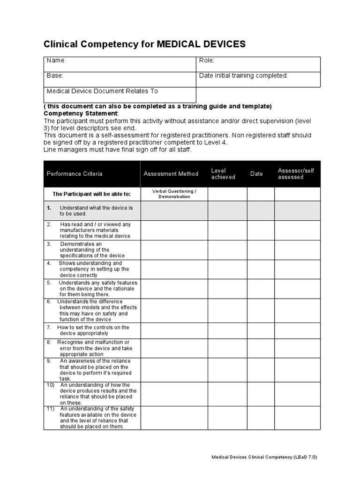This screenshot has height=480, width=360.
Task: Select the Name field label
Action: coord(56,60)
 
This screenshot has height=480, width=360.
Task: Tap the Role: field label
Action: coord(207,60)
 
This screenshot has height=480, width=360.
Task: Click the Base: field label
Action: coord(55,75)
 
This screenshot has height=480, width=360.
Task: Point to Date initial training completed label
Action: coord(243,75)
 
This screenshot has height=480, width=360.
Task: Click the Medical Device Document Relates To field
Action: coord(102,91)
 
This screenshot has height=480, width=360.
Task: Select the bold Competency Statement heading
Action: coord(81,113)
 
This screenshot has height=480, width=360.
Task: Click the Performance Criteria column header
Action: coord(75,174)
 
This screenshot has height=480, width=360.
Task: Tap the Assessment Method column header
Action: coord(171,174)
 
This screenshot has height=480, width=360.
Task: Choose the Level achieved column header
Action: coord(223,174)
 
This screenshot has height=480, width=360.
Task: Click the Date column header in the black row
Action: coord(256,174)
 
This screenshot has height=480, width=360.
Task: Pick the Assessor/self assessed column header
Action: coord(296,174)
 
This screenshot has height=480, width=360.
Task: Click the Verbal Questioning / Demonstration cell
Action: coord(174,194)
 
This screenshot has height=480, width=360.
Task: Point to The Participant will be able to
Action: coord(91,194)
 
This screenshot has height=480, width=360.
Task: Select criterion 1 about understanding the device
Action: coord(91,210)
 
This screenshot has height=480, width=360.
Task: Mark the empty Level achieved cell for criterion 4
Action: coord(227,269)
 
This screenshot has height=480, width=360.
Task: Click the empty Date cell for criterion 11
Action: coord(261,418)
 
